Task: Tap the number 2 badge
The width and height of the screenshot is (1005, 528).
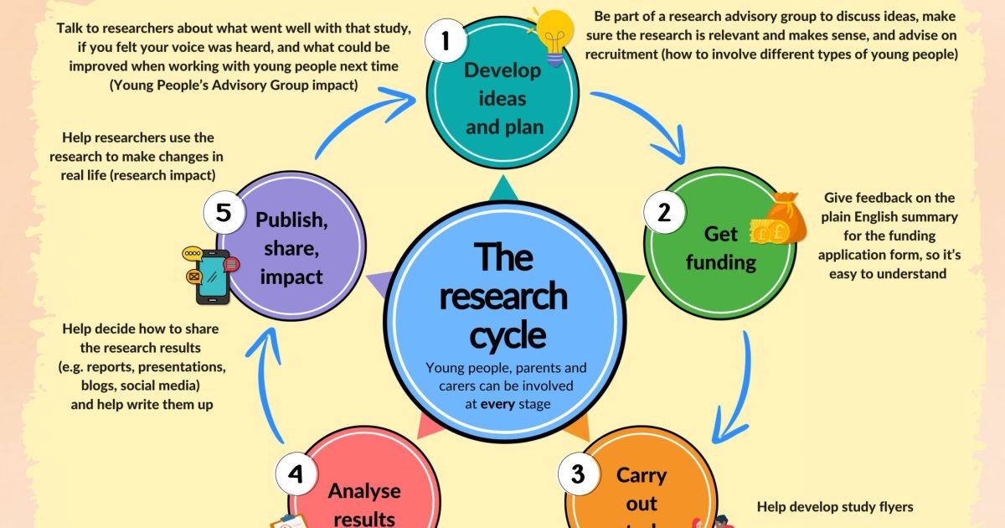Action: pyautogui.click(x=664, y=212)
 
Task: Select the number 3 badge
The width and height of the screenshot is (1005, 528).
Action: pyautogui.click(x=578, y=474)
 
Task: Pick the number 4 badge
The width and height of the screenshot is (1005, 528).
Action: pyautogui.click(x=296, y=475)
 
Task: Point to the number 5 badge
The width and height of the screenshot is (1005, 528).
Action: pyautogui.click(x=223, y=212)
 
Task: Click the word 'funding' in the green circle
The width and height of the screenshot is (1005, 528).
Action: pyautogui.click(x=720, y=262)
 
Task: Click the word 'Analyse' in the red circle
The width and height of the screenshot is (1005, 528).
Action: pyautogui.click(x=364, y=490)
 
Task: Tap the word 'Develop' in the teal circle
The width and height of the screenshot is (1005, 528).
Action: pyautogui.click(x=502, y=70)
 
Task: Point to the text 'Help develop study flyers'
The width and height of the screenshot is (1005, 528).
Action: pyautogui.click(x=835, y=506)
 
